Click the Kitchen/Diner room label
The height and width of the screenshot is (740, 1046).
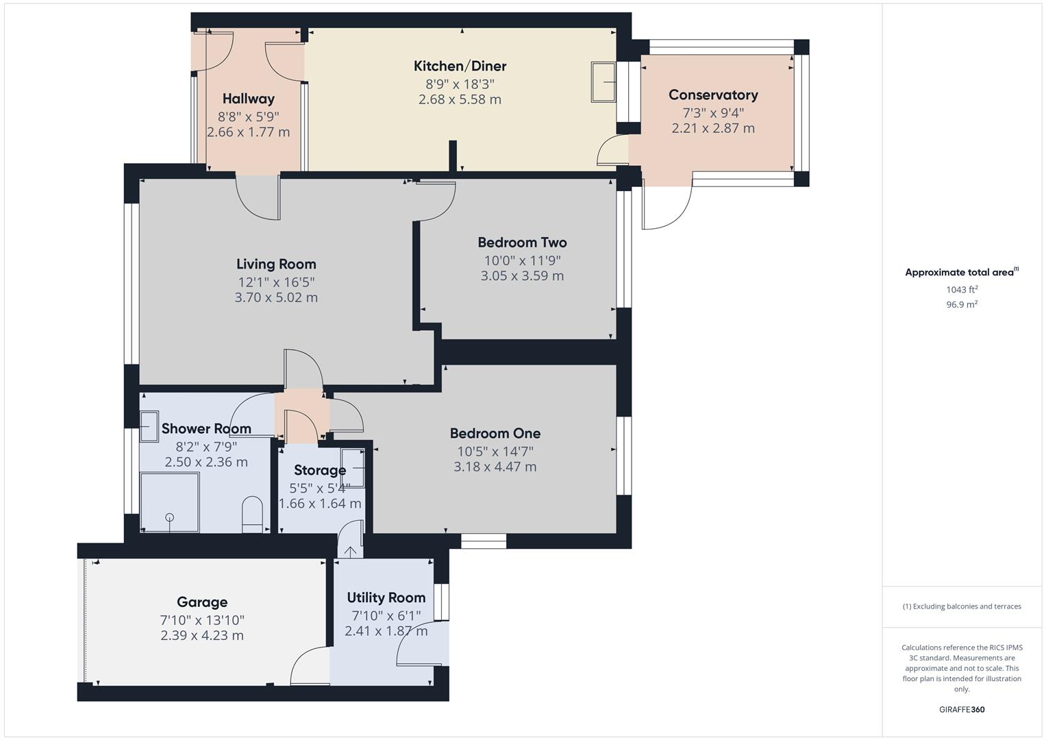460,66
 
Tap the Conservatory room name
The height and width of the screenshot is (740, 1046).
713,95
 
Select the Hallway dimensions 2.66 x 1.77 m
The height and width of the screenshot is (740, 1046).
248,132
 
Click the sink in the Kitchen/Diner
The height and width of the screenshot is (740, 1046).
603,82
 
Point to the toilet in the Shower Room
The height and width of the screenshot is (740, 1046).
252,515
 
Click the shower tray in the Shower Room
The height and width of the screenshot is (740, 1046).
169,502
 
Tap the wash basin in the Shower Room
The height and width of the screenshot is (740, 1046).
149,426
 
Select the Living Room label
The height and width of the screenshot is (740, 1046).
276,264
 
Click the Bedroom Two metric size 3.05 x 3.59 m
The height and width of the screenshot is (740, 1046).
522,276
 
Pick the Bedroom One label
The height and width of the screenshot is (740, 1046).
495,434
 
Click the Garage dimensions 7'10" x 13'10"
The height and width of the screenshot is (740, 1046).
202,620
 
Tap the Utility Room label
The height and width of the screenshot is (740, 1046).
386,597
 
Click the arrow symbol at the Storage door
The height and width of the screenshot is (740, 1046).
351,551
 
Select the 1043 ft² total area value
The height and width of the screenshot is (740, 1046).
962,290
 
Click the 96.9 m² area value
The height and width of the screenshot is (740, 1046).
962,305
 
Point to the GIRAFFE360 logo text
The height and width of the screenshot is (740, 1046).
962,709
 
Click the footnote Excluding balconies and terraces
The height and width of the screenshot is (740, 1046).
962,606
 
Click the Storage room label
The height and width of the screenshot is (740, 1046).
320,471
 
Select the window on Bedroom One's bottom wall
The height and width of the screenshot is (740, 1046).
484,541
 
